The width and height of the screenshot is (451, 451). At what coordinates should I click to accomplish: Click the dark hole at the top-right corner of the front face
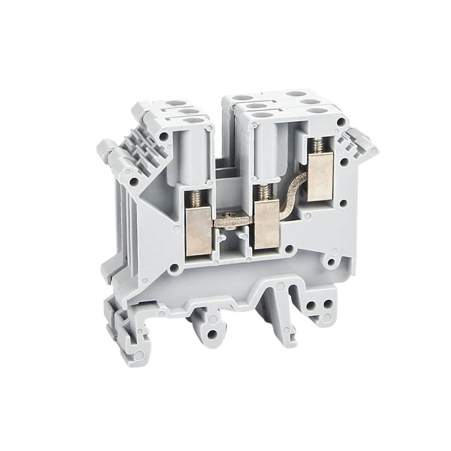pyautogui.click(x=341, y=122)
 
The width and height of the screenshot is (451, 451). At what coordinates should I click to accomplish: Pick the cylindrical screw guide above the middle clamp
pyautogui.click(x=265, y=156)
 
